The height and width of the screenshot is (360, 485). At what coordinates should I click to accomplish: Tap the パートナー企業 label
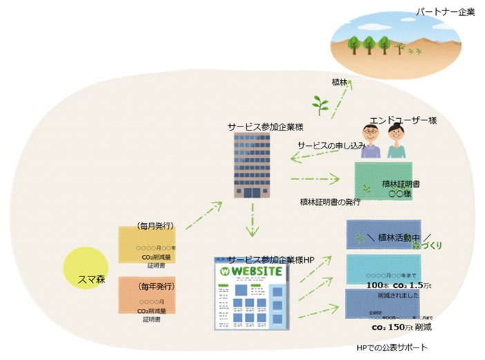[x=445, y=12]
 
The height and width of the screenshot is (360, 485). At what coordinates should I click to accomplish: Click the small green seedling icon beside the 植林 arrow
[x=320, y=104]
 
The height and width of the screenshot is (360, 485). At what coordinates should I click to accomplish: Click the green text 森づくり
[x=426, y=245]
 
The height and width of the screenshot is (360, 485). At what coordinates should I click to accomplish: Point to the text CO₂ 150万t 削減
[x=401, y=328]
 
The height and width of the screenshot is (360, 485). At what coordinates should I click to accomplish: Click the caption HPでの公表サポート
[x=392, y=347]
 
